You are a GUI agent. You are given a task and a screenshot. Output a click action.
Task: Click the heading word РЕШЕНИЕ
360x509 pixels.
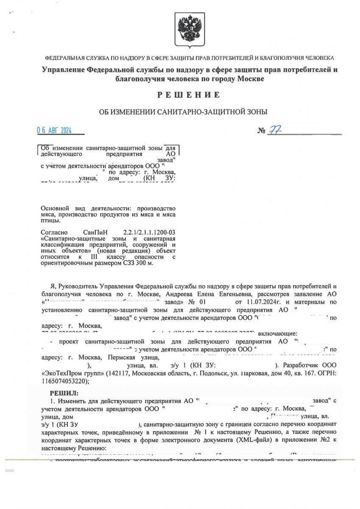[x=189, y=95]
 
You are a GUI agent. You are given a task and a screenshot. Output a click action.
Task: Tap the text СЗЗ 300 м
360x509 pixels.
[x=140, y=263]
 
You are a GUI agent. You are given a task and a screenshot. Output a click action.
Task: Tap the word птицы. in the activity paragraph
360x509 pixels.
[x=49, y=221]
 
